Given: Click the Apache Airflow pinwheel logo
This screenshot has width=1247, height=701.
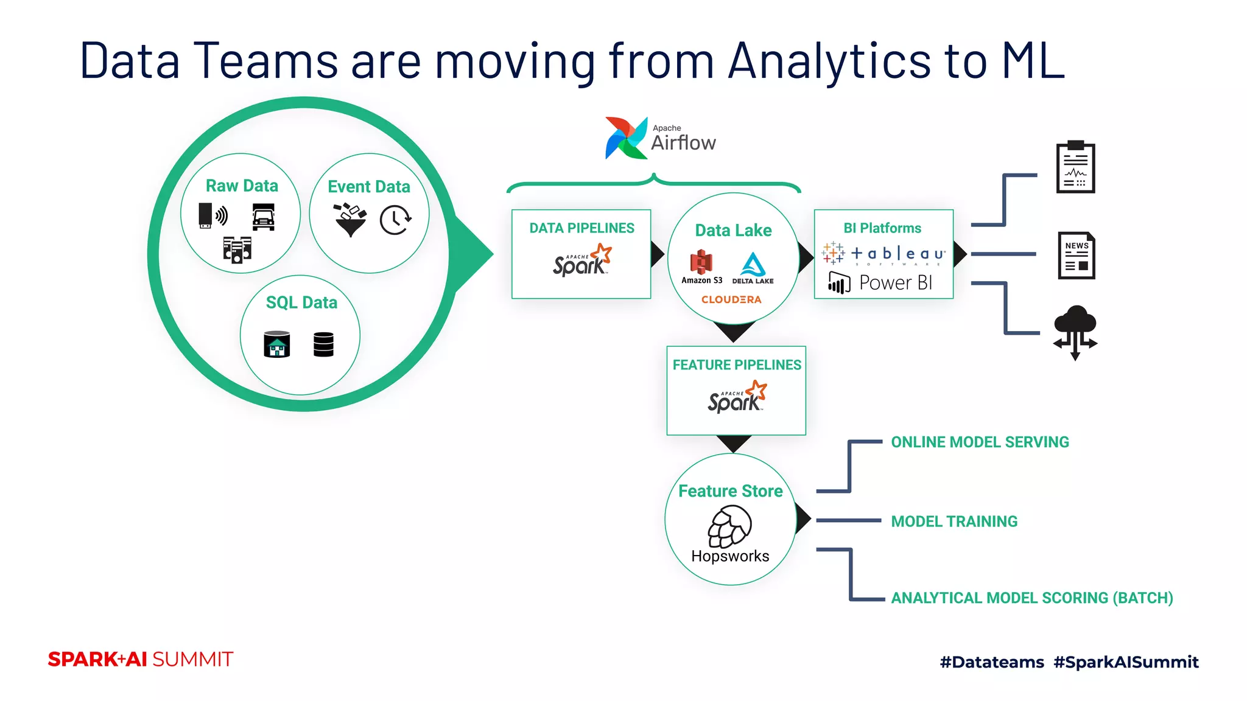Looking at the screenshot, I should [625, 138].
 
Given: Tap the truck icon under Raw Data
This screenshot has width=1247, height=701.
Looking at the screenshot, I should [263, 217].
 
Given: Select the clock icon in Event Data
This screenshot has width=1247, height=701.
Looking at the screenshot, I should [395, 220].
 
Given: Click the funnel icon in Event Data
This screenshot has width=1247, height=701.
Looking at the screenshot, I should [350, 220].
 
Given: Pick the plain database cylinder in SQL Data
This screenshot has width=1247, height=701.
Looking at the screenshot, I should [323, 344].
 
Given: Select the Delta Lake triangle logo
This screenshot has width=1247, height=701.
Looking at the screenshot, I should [753, 265].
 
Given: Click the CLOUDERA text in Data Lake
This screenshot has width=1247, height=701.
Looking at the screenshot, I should [731, 299].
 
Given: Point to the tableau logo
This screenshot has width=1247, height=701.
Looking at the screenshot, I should [883, 254].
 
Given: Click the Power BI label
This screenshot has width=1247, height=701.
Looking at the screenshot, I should [895, 283].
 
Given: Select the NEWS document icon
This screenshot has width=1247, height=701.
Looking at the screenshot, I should [1076, 256].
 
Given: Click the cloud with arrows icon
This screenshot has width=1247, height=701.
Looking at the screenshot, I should [1075, 332].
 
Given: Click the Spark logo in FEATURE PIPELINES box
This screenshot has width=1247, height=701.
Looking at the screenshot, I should [737, 397].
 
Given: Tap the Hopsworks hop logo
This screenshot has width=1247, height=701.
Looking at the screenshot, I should [729, 528].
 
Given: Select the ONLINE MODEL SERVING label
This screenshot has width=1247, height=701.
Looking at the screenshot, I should [980, 442].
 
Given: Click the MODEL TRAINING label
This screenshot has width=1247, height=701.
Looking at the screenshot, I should [954, 521].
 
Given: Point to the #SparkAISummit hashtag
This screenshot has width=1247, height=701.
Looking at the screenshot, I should [1126, 662].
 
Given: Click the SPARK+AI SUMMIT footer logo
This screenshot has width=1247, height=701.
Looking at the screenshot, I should [141, 660].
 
